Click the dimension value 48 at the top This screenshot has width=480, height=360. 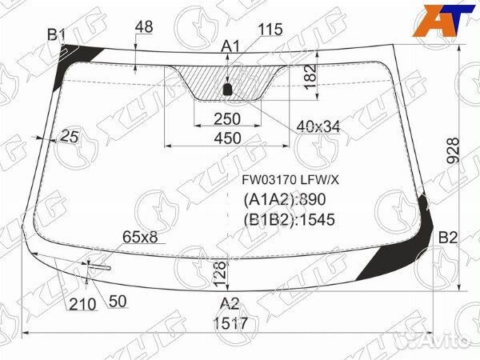(144, 27)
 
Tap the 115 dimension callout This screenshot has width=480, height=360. (270, 30)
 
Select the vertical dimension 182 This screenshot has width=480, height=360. (310, 77)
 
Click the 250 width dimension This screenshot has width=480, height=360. (227, 118)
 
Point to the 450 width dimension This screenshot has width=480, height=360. (227, 138)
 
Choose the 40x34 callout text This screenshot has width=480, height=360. (318, 126)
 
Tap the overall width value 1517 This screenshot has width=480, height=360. (230, 323)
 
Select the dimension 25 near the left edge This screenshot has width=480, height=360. (70, 136)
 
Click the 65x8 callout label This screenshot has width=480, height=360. (140, 236)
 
